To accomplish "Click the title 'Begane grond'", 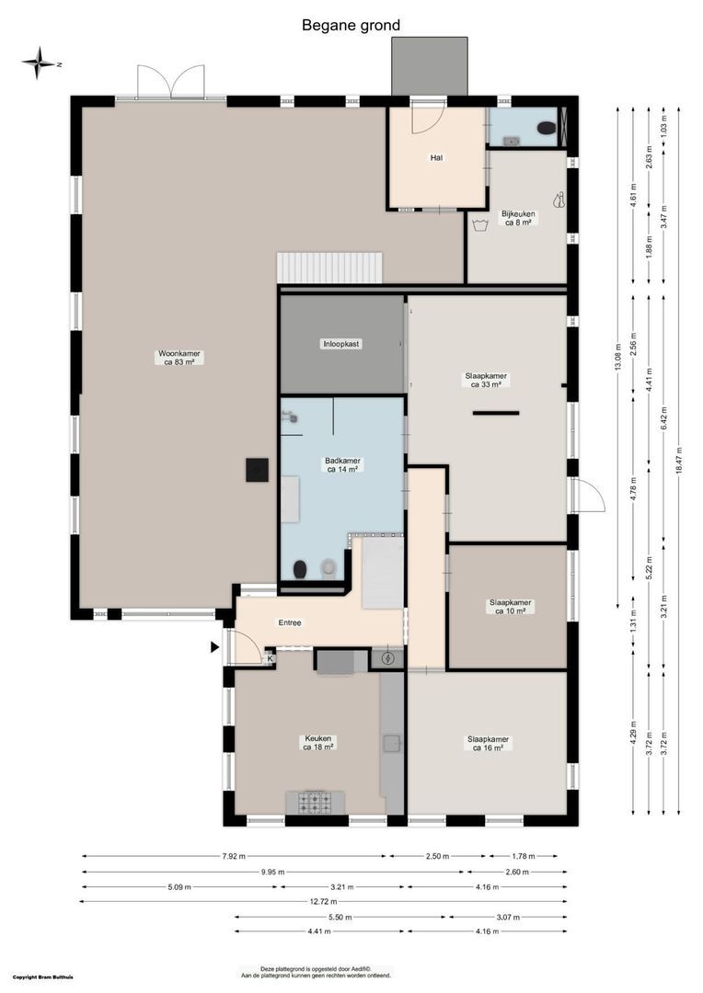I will click(351, 26).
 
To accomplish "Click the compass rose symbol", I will click(40, 63).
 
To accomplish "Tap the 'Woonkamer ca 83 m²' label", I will click(179, 358).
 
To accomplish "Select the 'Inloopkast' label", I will click(340, 344).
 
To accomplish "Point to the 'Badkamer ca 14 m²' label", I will click(342, 464).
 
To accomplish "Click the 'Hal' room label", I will click(436, 158).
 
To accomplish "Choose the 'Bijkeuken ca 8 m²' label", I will click(518, 218).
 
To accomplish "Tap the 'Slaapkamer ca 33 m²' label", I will click(486, 380).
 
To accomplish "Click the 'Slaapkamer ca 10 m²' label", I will click(511, 607).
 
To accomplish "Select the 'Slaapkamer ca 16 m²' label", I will click(488, 743).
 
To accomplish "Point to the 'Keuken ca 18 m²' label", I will click(318, 742).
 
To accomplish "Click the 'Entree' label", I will click(290, 623).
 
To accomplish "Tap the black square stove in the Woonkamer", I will click(256, 469).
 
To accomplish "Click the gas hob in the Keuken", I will click(316, 802).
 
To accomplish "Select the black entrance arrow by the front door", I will click(214, 647).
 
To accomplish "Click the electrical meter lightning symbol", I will click(387, 658).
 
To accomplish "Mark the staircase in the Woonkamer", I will click(328, 268).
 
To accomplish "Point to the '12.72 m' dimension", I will click(325, 901).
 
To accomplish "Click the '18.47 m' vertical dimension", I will click(678, 460).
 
